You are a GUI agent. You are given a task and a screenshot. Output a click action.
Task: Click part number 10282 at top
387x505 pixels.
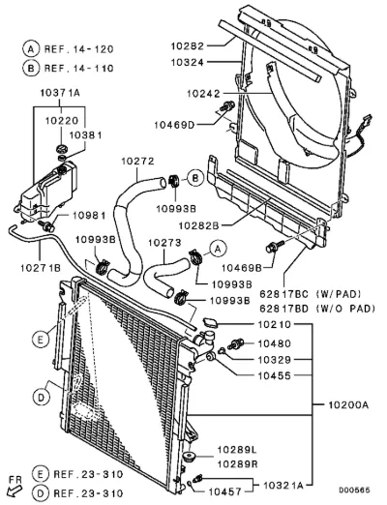click(188, 46)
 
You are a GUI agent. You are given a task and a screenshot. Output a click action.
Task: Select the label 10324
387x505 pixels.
click(188, 62)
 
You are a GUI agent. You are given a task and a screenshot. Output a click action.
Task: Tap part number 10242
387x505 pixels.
click(203, 94)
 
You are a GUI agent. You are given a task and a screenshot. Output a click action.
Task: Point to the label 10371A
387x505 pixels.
click(60, 93)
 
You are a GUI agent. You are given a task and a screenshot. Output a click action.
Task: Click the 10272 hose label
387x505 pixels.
click(138, 161)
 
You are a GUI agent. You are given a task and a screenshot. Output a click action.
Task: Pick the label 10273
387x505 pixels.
click(164, 243)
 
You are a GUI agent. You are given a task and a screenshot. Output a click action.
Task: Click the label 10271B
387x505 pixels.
click(41, 268)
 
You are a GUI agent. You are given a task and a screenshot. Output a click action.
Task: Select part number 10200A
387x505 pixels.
click(348, 404)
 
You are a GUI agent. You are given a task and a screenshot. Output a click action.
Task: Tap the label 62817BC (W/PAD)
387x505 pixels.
click(310, 294)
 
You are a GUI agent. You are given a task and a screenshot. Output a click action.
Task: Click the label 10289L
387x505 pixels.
click(238, 449)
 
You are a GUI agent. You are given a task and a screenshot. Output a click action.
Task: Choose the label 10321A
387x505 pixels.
click(283, 485)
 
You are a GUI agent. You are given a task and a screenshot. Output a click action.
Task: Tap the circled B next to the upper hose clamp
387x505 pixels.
click(195, 178)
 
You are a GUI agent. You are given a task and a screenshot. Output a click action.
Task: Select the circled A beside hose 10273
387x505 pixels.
click(219, 249)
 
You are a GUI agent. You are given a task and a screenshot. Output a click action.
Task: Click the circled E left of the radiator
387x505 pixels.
click(41, 339)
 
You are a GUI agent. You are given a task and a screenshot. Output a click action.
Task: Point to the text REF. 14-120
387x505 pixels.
click(79, 49)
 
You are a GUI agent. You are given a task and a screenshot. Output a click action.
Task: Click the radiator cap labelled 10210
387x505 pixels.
click(210, 322)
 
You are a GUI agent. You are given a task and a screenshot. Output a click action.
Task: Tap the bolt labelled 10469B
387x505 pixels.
click(274, 246)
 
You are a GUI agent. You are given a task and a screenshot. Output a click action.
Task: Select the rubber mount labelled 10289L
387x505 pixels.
click(188, 457)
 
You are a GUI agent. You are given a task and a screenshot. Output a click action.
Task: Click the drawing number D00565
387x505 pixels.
click(354, 490)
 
